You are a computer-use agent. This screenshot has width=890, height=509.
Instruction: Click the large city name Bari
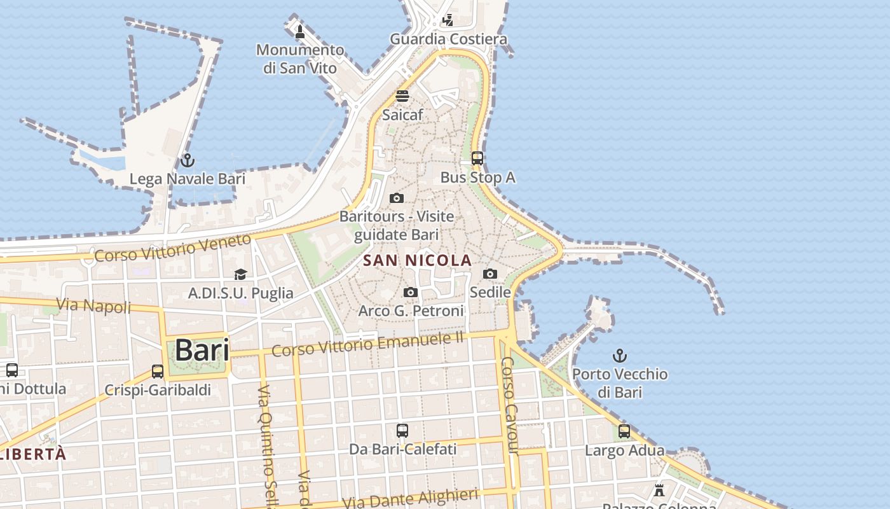202,350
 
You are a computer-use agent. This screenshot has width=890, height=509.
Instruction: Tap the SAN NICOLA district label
418,260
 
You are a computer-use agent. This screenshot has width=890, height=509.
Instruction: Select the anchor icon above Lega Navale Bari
187,160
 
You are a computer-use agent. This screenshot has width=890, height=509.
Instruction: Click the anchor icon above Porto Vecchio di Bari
619,356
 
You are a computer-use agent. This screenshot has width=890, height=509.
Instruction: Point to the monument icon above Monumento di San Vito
300,31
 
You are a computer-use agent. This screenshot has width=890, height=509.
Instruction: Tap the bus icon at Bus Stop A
477,158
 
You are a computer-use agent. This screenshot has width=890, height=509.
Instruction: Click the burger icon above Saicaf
402,96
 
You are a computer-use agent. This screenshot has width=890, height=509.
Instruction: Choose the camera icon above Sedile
490,274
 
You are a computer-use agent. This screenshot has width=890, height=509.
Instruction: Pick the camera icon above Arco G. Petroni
411,292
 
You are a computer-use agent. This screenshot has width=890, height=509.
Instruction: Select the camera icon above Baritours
397,198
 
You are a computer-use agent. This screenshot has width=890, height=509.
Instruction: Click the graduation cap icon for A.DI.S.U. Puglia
240,274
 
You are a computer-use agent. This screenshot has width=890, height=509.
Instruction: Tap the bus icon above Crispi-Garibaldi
158,372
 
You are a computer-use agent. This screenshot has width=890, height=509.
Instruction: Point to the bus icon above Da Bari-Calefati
402,431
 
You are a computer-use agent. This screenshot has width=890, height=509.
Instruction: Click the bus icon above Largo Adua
624,431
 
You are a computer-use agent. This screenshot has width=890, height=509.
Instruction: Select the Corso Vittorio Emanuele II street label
368,344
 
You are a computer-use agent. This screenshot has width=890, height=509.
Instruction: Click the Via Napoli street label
93,305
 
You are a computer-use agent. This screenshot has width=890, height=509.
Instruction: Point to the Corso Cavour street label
510,405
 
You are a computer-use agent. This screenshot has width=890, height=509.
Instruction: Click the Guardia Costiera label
449,39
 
